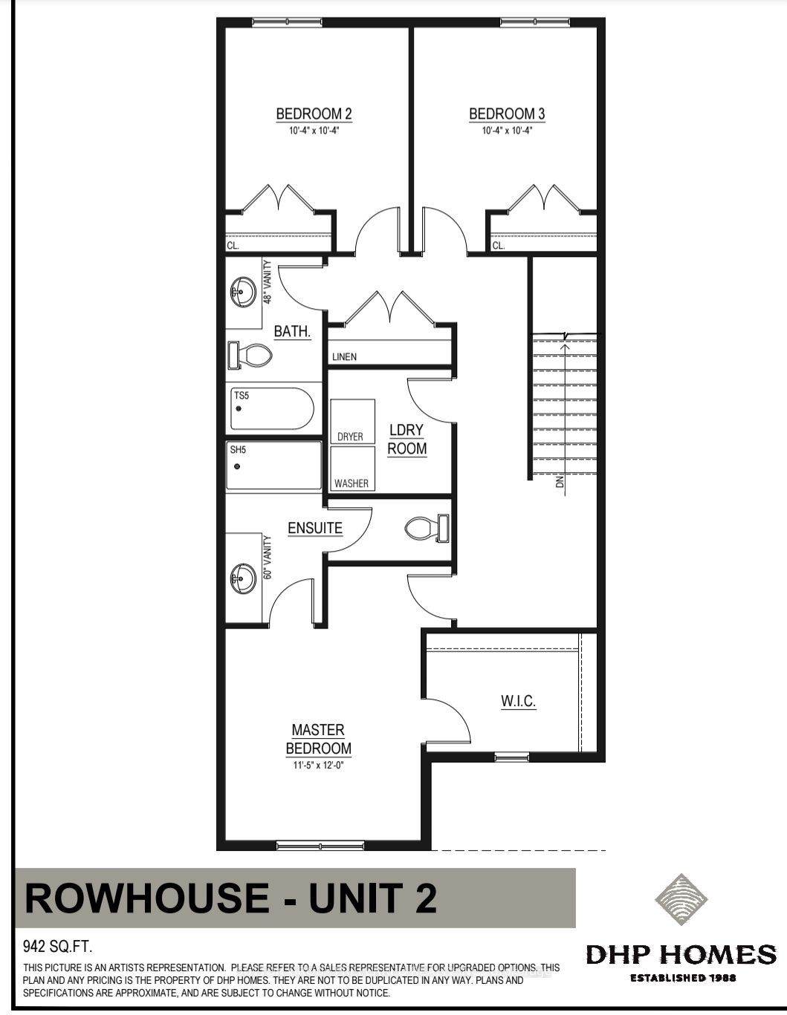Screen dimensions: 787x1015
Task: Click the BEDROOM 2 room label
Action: coord(314,114)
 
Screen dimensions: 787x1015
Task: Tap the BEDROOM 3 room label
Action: coord(507,114)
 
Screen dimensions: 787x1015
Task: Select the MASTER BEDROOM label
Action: coord(318,739)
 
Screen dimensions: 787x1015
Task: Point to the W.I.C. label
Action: coord(518,701)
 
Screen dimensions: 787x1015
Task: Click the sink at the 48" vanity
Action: coord(243,292)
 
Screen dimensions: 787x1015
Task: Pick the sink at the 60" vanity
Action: coord(243,578)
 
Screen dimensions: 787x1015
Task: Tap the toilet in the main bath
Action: coord(250,356)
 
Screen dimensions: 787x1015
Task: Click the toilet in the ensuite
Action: coord(427,529)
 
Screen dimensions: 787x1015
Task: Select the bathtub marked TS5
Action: coord(272,408)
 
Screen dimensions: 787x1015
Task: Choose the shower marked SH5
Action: coord(274,466)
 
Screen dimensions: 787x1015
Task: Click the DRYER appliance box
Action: coord(352,421)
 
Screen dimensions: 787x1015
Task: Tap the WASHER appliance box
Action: coord(352,469)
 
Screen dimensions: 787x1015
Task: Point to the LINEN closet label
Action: coord(344,357)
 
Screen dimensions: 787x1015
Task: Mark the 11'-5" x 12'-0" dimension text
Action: coord(318,766)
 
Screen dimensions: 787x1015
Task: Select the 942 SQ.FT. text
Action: coord(57,947)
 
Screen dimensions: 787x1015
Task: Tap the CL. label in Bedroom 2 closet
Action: coord(233,246)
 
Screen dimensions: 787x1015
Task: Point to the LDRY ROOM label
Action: coord(407,440)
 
